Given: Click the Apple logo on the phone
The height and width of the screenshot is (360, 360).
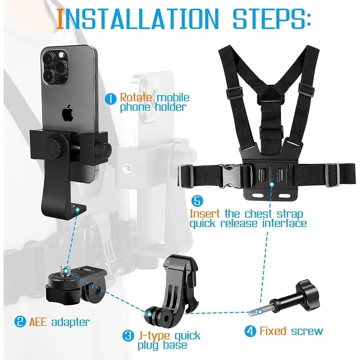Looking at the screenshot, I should click(67, 114).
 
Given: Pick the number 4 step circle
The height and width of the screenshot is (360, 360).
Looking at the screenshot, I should click(250, 331).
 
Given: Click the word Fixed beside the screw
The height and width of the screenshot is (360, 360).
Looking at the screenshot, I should click(273, 331).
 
